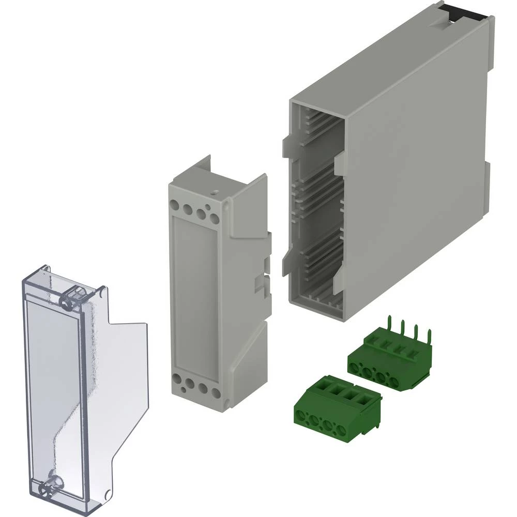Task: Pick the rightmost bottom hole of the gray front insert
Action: pos(215,388)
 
